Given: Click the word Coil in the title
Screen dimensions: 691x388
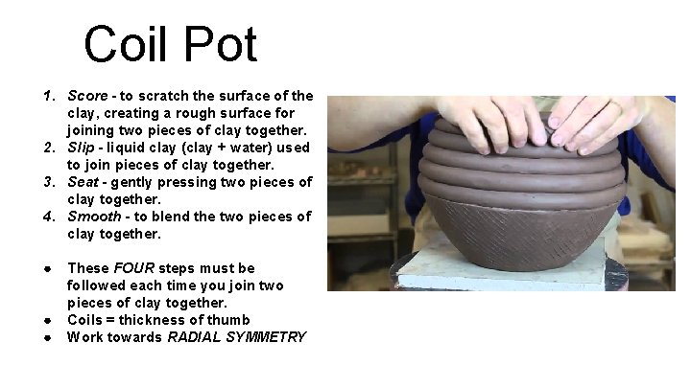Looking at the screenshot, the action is pyautogui.click(x=125, y=43).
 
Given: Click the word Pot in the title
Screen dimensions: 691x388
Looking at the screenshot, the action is pyautogui.click(x=221, y=43).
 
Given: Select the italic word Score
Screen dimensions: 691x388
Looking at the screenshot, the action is pyautogui.click(x=87, y=96).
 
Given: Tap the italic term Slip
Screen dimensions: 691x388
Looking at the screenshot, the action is pyautogui.click(x=81, y=148).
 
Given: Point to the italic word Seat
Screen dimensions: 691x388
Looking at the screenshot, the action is pyautogui.click(x=83, y=182).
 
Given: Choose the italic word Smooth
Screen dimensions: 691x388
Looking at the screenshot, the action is pyautogui.click(x=94, y=216).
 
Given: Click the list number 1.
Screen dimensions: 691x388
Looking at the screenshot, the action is pyautogui.click(x=49, y=96).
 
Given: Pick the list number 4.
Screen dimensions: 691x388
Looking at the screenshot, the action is pyautogui.click(x=49, y=217).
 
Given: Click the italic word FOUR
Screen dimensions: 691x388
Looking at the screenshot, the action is pyautogui.click(x=134, y=268).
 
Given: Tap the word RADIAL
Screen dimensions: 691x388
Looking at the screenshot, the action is pyautogui.click(x=194, y=337).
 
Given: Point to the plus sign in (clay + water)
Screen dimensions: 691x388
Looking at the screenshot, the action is pyautogui.click(x=221, y=147).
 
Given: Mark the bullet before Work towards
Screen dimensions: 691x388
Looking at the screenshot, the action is pyautogui.click(x=47, y=338).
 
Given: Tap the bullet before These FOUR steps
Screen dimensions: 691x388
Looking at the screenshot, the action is pyautogui.click(x=47, y=269).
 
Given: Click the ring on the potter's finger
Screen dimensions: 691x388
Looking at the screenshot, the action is pyautogui.click(x=615, y=105).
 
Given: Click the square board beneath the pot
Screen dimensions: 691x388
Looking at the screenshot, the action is pyautogui.click(x=502, y=269).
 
